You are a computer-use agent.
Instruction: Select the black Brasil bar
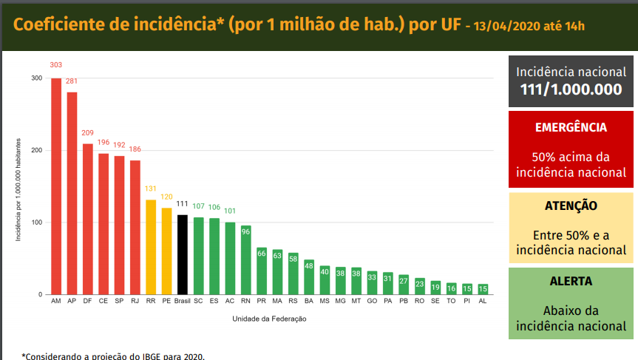pos(183,255)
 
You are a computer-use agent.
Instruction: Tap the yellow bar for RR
pos(151,248)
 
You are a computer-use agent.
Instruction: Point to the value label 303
pos(56,65)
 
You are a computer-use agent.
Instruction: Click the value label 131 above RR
pos(151,189)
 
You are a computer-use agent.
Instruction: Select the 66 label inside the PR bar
pos(262,253)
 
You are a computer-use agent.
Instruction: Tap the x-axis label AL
pos(483,302)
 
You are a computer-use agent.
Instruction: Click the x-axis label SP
pos(119,302)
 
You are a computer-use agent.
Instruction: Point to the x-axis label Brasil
pos(183,302)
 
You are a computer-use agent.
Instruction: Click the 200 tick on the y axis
pos(36,150)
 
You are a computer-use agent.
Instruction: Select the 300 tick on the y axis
pos(36,78)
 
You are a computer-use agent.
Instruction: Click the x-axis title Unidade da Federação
pos(269,319)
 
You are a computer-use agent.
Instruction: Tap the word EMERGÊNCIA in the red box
pos(571,127)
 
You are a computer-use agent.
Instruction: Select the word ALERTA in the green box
pos(571,282)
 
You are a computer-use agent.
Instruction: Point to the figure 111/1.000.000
pos(571,90)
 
